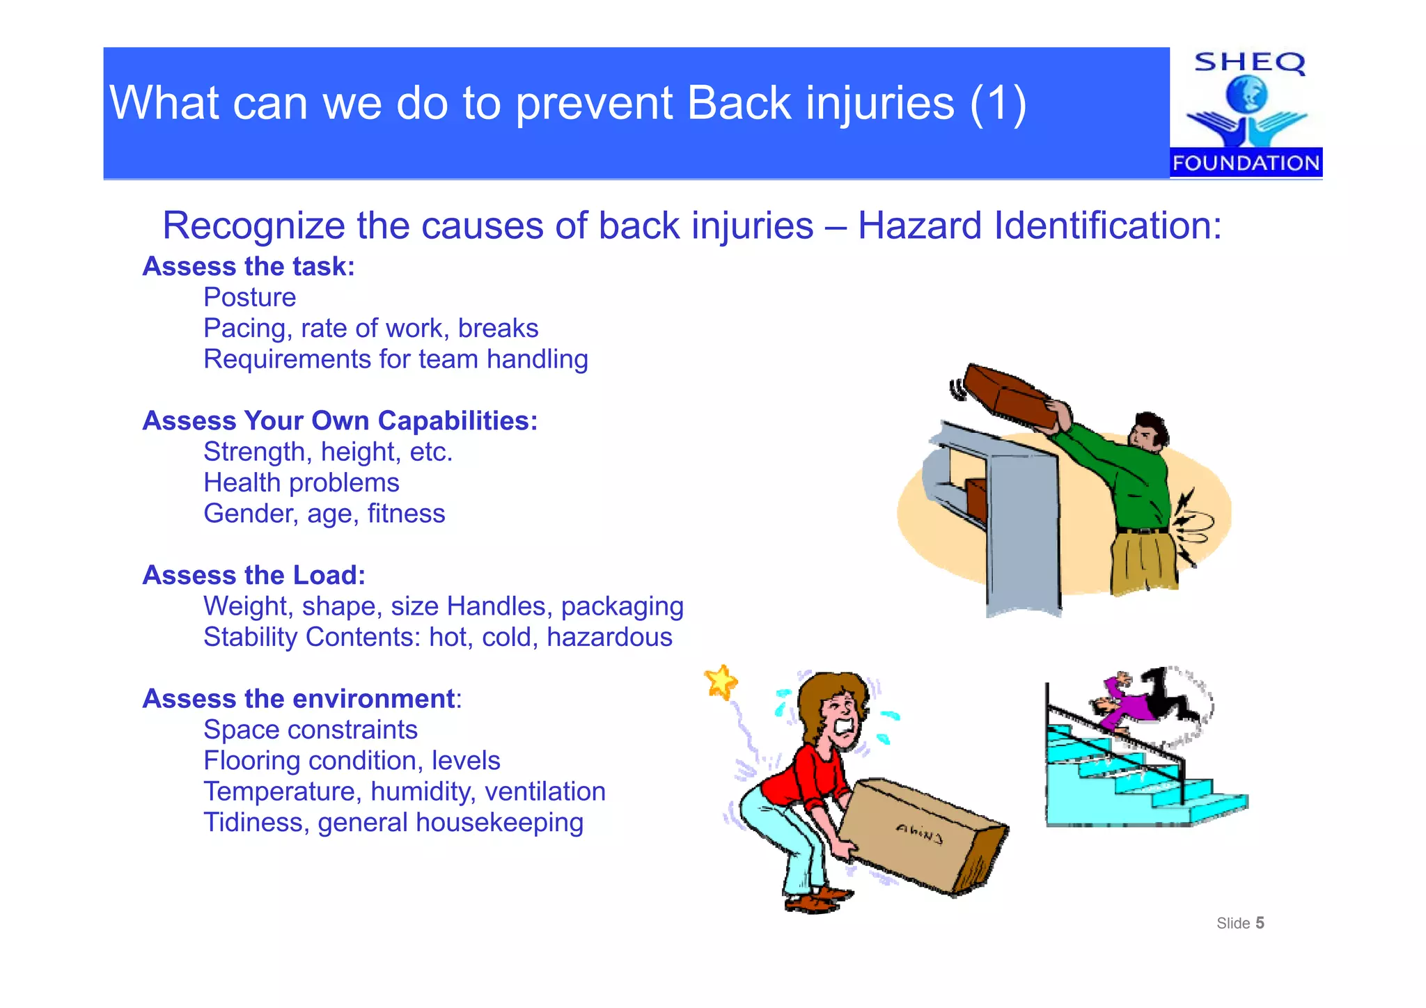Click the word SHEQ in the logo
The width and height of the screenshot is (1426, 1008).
tap(1249, 63)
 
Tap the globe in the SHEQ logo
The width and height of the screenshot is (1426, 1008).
tap(1246, 94)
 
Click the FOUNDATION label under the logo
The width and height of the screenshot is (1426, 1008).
tap(1246, 163)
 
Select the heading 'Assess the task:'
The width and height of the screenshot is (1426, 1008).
tap(249, 267)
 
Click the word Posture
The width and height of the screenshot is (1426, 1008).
tap(249, 297)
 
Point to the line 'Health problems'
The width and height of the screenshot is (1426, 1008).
tap(301, 482)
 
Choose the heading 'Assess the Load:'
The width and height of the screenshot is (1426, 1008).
tap(253, 575)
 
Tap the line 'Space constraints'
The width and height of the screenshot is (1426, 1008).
tap(310, 730)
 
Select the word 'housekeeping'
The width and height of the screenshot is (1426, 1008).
tap(499, 822)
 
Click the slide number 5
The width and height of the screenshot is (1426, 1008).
tap(1260, 923)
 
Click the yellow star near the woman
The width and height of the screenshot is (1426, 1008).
tap(721, 681)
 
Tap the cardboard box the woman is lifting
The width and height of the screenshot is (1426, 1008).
tap(919, 835)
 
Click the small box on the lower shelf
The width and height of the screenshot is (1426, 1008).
tap(977, 498)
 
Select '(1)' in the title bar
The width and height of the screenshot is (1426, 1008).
tap(998, 103)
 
